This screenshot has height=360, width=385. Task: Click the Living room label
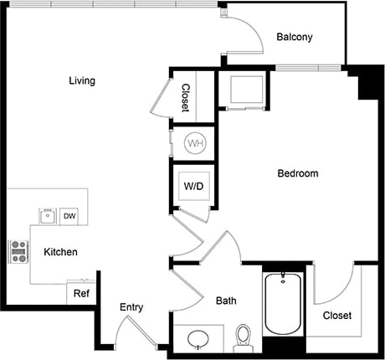coord(81,81)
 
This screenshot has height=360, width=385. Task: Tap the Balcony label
coord(295,37)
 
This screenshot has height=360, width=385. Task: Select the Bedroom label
coord(298,174)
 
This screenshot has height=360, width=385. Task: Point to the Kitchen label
coord(60,251)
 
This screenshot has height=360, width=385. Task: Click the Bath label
coord(226,301)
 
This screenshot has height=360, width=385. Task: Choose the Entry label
coord(131,307)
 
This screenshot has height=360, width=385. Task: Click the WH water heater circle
coord(195,143)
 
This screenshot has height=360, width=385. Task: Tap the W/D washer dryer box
coord(192,187)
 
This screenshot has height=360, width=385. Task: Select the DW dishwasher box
coord(70,217)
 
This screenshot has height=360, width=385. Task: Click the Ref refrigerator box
coord(81,294)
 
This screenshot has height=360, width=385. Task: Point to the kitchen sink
coord(47,217)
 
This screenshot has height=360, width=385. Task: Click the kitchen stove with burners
coord(18,251)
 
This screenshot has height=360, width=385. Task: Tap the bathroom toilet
coord(244,337)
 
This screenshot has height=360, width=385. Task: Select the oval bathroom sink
coord(198,340)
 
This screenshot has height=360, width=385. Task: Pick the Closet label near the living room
coord(185,97)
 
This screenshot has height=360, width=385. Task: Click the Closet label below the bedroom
coord(336,316)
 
